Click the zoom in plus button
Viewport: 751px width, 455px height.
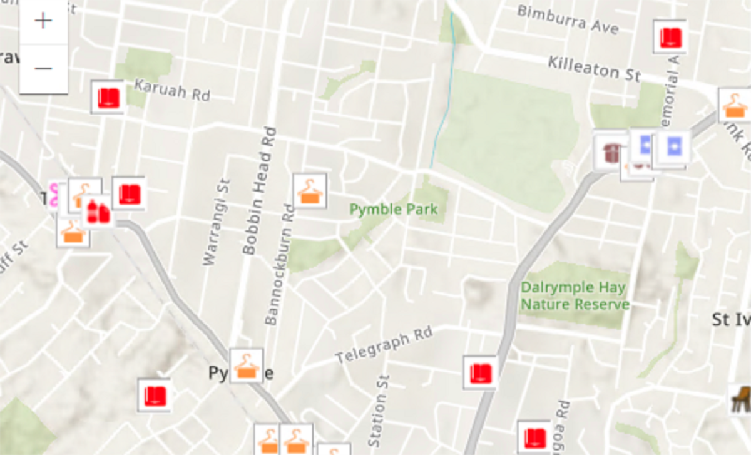tap(43, 21)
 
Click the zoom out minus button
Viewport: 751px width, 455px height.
tap(43, 68)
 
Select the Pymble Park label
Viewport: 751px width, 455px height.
tap(394, 209)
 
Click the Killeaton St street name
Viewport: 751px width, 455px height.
tap(594, 68)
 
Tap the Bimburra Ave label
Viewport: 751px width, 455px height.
tap(568, 19)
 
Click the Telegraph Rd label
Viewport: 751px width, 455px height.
tap(384, 345)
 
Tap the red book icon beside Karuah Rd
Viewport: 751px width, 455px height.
tap(108, 98)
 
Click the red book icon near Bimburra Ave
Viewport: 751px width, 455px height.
tap(670, 37)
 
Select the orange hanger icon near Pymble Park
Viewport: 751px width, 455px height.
tap(310, 191)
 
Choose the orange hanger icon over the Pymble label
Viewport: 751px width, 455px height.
tap(246, 366)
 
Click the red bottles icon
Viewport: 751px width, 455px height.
tap(98, 212)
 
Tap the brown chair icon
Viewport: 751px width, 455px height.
tap(740, 399)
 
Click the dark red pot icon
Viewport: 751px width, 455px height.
tap(610, 152)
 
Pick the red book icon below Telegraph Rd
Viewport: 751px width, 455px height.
tap(480, 373)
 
